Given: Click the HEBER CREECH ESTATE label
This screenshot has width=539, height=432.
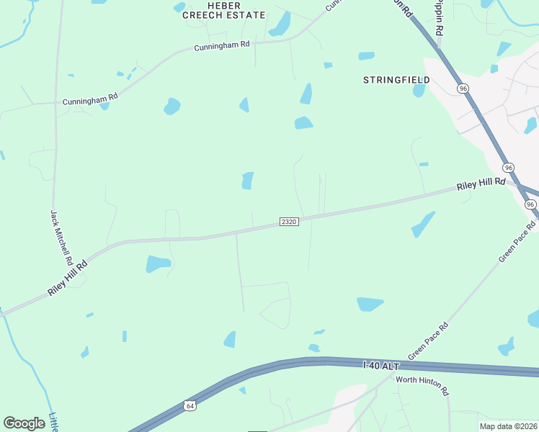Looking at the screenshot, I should point(224,10).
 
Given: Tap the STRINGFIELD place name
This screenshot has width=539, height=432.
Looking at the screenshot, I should point(396,80).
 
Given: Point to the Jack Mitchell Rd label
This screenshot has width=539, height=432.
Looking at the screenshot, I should point(61,236).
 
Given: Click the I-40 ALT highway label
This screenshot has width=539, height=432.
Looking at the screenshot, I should point(380,366).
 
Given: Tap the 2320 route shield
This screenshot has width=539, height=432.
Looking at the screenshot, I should point(289,222).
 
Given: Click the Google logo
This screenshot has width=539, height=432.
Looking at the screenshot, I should point(24,423).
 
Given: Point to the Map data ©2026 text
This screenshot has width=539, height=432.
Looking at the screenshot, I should point(509,426).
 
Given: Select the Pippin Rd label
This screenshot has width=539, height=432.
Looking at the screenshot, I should point(439,19).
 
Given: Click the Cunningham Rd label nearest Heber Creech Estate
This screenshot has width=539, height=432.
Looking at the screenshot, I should point(222,46).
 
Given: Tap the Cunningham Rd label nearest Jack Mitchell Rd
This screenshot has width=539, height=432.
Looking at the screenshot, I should point(90,99).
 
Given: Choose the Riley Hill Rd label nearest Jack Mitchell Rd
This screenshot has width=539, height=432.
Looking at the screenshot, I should point(68,277).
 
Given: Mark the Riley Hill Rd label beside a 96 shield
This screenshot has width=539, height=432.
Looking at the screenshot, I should point(481,185).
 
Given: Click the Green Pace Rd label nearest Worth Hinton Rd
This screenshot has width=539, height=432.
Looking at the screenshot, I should point(428,341).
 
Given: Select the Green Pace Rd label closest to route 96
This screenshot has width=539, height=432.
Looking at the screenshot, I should point(518,241).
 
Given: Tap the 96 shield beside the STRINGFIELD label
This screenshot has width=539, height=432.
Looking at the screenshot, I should point(462,88).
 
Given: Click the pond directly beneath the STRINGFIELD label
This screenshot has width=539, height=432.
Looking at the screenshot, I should point(419,91).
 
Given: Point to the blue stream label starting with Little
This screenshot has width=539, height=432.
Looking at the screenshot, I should point(53,421).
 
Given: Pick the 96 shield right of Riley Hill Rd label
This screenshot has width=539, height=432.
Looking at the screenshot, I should point(509,168).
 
